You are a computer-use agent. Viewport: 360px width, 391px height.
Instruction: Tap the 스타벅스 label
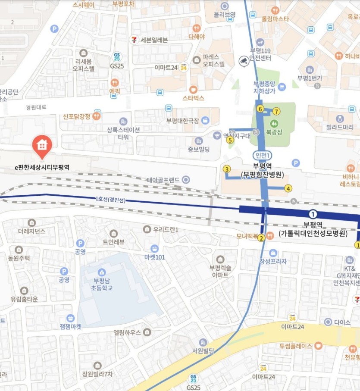[x=193, y=98]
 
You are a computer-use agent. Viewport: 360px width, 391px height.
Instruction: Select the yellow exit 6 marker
[x=260, y=109]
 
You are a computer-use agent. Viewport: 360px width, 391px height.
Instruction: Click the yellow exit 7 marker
[x=276, y=112]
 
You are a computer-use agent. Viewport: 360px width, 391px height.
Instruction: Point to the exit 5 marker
[x=230, y=140]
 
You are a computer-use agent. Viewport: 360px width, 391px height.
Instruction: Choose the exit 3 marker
[x=227, y=169]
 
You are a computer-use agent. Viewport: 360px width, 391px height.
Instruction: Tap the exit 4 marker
[x=288, y=188]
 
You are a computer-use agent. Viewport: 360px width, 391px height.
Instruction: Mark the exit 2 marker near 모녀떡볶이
[x=261, y=240]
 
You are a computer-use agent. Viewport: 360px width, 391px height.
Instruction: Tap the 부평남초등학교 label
[x=100, y=285]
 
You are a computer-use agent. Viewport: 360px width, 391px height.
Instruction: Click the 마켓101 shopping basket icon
[x=154, y=248]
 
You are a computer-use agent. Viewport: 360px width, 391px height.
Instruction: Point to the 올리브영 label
[x=225, y=15]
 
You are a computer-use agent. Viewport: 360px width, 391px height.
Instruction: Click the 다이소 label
[x=343, y=322]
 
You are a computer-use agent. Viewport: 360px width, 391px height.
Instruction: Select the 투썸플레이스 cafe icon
[x=318, y=345]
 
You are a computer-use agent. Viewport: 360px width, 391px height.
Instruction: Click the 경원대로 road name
[x=36, y=107]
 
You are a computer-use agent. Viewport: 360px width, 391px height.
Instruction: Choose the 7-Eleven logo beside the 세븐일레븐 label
[x=135, y=40]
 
